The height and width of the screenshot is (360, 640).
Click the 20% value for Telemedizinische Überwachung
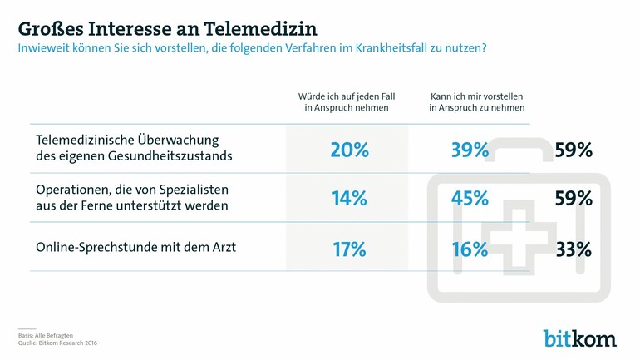(348, 150)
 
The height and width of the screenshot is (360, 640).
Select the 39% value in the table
(469, 150)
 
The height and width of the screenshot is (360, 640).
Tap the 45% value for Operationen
(469, 198)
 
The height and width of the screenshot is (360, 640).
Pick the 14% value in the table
(348, 198)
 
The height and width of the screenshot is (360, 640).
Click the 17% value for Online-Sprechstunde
(348, 248)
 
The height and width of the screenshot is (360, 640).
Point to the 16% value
(469, 248)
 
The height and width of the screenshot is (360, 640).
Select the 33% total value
(574, 248)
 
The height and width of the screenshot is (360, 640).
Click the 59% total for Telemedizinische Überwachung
(574, 150)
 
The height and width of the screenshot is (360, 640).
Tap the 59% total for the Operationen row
(574, 198)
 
